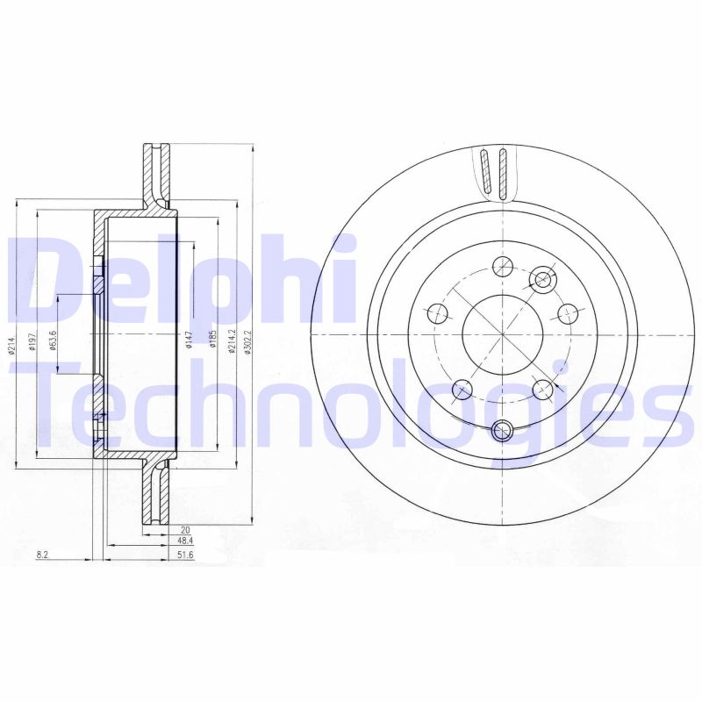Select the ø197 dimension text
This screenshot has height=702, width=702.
coord(31,342)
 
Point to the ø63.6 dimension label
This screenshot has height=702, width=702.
coord(53,339)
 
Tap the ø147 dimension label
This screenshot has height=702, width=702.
coord(189,339)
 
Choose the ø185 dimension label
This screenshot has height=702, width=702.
coord(212,339)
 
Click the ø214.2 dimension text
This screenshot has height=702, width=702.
coord(233,338)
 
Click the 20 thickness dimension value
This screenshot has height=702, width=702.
coord(184,529)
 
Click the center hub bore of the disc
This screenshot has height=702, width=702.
coord(501,338)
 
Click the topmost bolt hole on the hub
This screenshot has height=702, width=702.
coord(502,266)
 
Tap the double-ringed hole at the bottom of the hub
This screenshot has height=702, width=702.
coord(502,430)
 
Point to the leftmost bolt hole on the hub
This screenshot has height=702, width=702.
coord(435,311)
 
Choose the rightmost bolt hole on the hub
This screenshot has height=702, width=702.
coord(568,311)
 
